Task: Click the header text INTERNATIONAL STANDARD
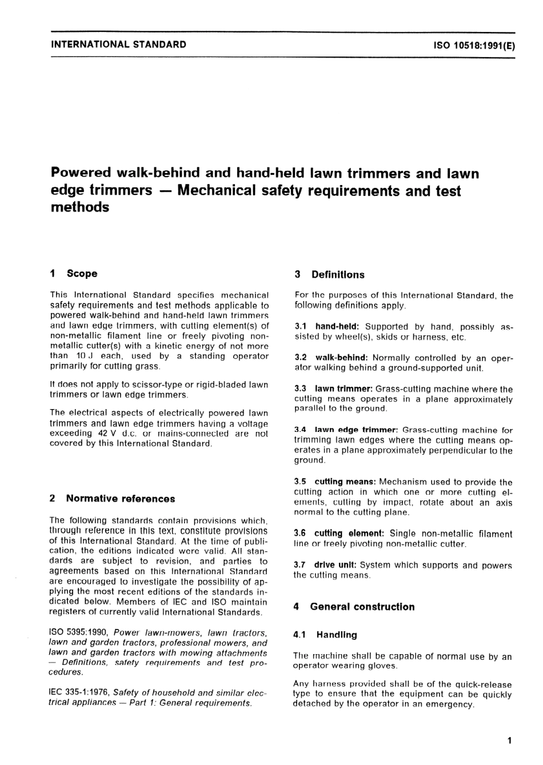(x=118, y=44)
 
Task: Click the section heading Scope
(x=82, y=274)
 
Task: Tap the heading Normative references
(x=121, y=499)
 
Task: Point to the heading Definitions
(x=338, y=275)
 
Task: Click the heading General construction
(x=362, y=607)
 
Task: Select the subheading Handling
(x=337, y=635)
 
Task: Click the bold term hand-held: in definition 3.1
(x=337, y=327)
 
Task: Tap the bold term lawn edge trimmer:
(x=356, y=430)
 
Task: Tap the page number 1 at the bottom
(x=509, y=741)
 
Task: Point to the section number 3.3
(x=300, y=389)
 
